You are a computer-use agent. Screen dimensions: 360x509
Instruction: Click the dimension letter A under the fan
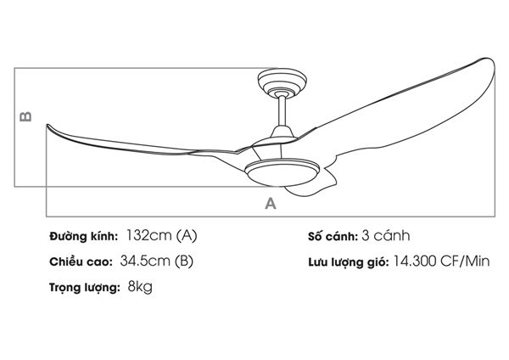pyautogui.click(x=271, y=204)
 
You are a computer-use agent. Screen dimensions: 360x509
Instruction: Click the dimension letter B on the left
pyautogui.click(x=26, y=115)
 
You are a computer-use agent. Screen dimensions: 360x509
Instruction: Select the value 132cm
pyautogui.click(x=148, y=236)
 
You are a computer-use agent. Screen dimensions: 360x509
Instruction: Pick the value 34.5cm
pyautogui.click(x=145, y=262)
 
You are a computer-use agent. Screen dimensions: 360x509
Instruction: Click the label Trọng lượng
pyautogui.click(x=83, y=289)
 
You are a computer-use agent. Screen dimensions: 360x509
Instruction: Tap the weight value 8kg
pyautogui.click(x=140, y=288)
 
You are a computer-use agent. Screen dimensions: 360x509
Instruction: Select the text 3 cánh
pyautogui.click(x=386, y=236)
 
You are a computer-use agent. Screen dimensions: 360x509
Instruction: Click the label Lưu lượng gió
pyautogui.click(x=348, y=262)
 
